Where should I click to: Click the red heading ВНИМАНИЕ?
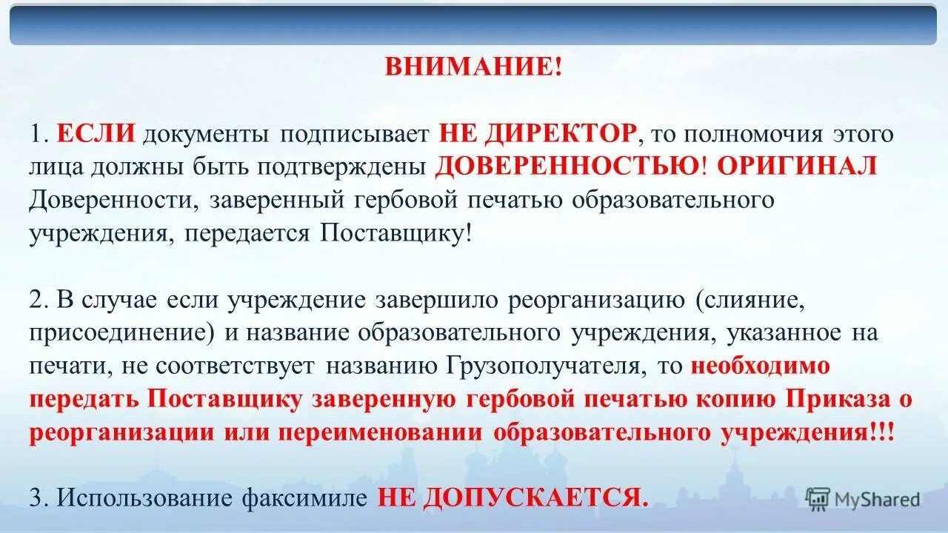tap(473, 68)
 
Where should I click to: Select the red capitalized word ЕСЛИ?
tap(96, 134)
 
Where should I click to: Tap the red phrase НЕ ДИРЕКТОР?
tap(538, 134)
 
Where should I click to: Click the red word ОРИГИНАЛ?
tap(797, 167)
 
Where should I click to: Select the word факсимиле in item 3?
tap(304, 498)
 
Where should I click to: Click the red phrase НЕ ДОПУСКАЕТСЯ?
tap(513, 498)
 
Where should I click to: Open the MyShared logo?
tap(863, 498)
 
